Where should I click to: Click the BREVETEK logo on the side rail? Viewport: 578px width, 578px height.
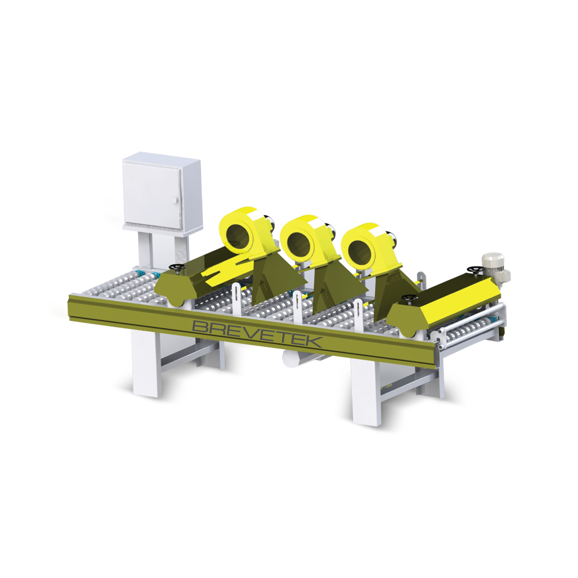(257, 334)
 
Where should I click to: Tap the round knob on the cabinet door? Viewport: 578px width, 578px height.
(175, 200)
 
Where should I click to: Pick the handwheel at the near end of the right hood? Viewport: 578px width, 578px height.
(409, 297)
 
